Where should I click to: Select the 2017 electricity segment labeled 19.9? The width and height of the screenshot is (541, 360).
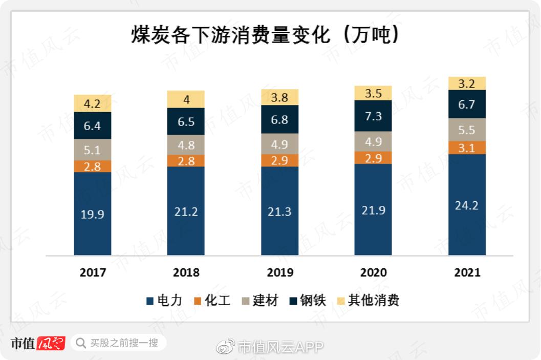click(x=93, y=214)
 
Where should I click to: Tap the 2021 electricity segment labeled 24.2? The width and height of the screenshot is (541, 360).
click(x=467, y=205)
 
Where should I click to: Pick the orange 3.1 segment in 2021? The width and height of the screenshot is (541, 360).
click(x=467, y=148)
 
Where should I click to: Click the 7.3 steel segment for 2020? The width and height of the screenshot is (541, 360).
click(x=373, y=116)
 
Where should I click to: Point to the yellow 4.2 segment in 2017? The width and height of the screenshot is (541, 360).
click(x=93, y=103)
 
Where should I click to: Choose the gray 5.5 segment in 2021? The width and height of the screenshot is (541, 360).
click(x=467, y=130)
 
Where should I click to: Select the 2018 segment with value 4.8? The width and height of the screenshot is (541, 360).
click(x=186, y=145)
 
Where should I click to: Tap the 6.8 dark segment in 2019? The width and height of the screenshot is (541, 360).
click(x=280, y=120)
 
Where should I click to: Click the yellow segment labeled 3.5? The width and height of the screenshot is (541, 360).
click(x=373, y=93)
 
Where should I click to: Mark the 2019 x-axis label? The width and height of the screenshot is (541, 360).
click(x=280, y=272)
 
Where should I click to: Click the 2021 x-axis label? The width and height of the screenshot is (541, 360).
click(x=467, y=272)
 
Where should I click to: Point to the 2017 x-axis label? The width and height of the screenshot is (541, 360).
click(x=93, y=272)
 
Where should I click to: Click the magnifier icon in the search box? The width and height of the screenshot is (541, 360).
click(x=81, y=343)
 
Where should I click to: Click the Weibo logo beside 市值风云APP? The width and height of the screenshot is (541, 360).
click(x=225, y=347)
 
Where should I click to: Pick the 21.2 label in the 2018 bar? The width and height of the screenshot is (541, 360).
click(x=186, y=211)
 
